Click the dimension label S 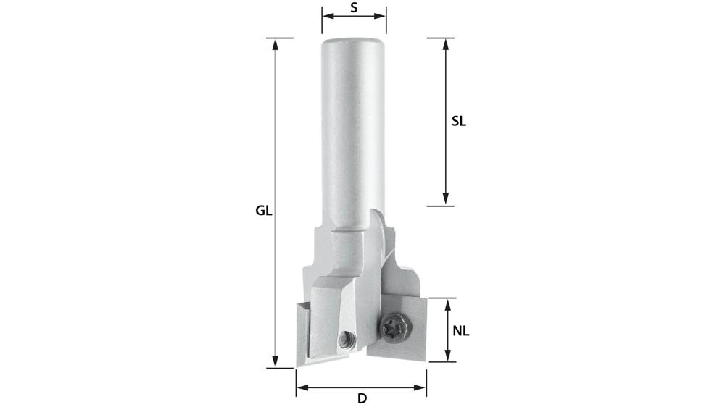[x=354, y=8]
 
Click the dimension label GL [x=263, y=211]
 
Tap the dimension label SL [x=458, y=122]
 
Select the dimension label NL [x=461, y=331]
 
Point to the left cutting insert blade [x=303, y=333]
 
